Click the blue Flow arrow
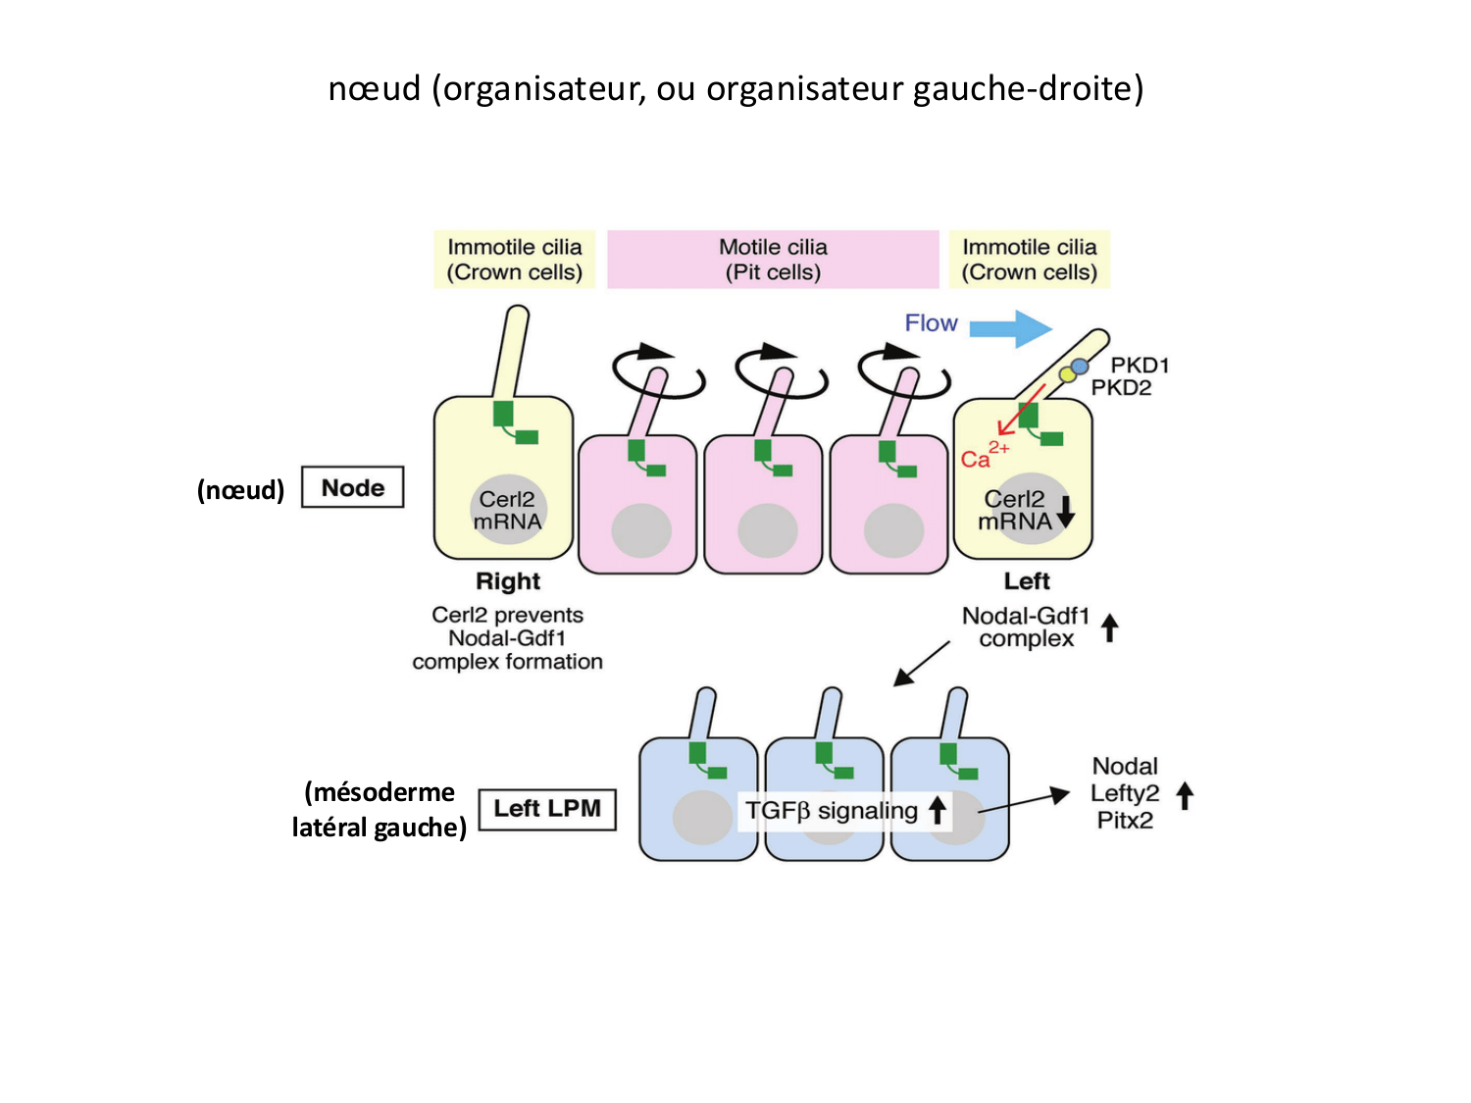(x=1011, y=328)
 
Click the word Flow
(x=931, y=324)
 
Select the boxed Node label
(x=352, y=487)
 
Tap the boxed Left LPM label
(x=547, y=809)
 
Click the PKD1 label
(x=1140, y=366)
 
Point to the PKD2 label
(x=1121, y=387)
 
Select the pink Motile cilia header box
(x=773, y=260)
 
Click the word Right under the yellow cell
(x=508, y=581)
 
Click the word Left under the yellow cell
(x=1027, y=581)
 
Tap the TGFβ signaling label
(x=832, y=811)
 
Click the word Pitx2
(x=1125, y=821)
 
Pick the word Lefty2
(x=1125, y=793)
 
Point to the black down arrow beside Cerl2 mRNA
(x=1066, y=511)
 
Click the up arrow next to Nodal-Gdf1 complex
(x=1109, y=627)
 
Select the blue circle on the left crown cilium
(x=1080, y=367)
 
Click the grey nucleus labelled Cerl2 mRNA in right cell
(x=508, y=510)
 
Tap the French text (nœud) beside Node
(x=240, y=489)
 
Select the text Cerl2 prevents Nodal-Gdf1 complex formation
(x=507, y=638)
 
